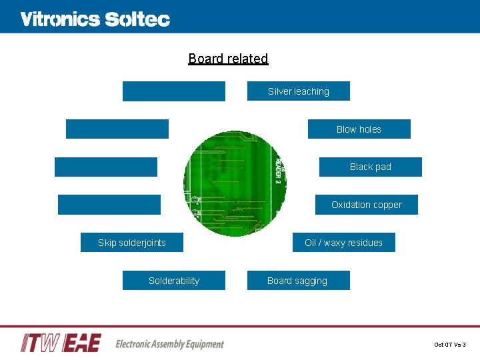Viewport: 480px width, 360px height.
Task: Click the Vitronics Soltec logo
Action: tap(95, 19)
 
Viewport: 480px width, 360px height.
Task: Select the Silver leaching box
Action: tap(298, 91)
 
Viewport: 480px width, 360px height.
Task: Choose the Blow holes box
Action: tap(359, 129)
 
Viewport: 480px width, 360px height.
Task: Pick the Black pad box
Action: tap(370, 167)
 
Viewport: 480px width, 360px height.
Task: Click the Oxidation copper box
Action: tap(366, 205)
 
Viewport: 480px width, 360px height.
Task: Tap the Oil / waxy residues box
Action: tap(343, 243)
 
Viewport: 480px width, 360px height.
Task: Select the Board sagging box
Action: tap(298, 281)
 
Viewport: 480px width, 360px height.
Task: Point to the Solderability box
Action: tap(173, 281)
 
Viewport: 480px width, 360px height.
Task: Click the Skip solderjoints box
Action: tap(131, 243)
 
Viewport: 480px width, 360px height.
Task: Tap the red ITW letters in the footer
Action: tap(41, 343)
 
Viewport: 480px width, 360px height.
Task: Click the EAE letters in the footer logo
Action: tap(82, 343)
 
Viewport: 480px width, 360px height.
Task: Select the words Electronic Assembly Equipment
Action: tap(169, 344)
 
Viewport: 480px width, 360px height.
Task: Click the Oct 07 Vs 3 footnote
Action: tap(450, 345)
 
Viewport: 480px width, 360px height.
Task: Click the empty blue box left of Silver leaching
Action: tap(173, 91)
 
